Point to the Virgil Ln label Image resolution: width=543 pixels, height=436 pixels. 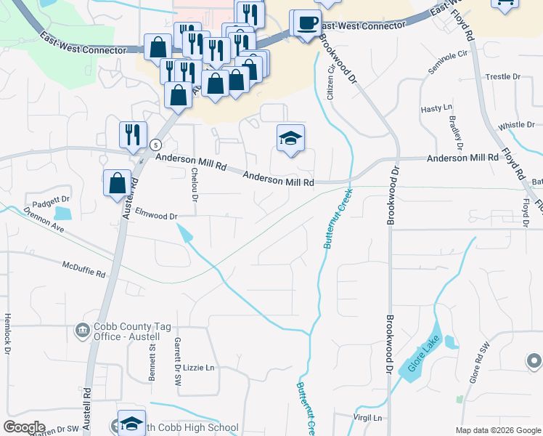point(367,418)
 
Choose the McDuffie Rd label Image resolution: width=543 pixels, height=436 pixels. point(83,270)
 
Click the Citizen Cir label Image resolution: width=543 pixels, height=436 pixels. point(332,82)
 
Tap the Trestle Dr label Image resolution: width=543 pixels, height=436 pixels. point(503,76)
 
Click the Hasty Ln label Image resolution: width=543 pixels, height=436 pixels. point(436,108)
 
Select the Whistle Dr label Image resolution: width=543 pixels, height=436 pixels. point(516,125)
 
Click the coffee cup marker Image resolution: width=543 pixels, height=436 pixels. point(309,23)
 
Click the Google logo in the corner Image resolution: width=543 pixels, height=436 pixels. point(24,427)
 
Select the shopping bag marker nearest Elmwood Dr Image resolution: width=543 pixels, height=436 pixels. point(117,183)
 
